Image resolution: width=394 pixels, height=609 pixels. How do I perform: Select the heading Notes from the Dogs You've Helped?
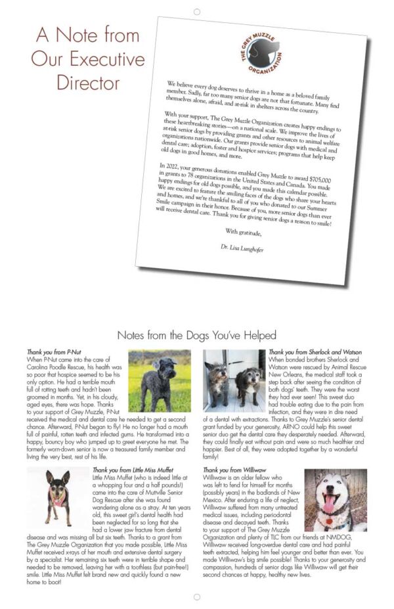click(196, 335)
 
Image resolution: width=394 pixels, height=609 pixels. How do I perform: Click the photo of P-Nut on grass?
click(160, 380)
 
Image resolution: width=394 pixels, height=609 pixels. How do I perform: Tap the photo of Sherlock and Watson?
click(233, 380)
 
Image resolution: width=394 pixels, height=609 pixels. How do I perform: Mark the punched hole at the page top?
click(196, 11)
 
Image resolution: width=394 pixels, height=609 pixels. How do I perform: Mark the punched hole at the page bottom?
click(196, 597)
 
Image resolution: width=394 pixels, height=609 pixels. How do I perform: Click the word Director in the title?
click(88, 83)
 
